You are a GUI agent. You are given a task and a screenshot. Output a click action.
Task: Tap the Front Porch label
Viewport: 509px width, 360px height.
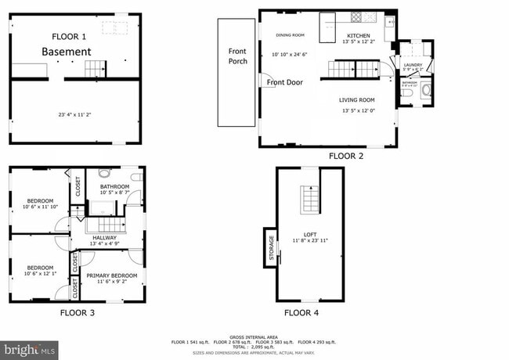[x=237, y=56]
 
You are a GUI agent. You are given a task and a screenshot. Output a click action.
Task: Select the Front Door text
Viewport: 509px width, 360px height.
[x=284, y=82]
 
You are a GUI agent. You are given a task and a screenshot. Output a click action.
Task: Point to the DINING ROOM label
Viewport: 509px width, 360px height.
[x=290, y=35]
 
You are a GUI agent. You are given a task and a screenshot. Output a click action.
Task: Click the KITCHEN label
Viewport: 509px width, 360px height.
[x=358, y=35]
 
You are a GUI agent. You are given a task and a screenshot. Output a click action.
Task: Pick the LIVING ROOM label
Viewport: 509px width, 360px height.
[x=357, y=100]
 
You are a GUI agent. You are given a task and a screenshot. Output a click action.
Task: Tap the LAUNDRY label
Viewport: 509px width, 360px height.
[x=412, y=64]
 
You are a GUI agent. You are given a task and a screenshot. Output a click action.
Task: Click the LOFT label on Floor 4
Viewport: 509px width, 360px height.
[x=310, y=234]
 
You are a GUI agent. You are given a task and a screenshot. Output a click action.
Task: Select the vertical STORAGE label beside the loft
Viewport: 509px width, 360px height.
[x=272, y=247]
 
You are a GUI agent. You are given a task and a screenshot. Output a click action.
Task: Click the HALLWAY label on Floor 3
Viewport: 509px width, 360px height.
[x=104, y=237]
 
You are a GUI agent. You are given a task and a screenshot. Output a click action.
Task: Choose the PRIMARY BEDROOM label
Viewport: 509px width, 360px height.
[x=112, y=275]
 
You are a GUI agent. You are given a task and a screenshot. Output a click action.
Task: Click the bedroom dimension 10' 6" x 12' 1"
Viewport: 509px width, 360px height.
[x=40, y=274]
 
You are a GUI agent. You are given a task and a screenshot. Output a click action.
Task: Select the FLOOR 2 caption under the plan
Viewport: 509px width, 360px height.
[x=346, y=156]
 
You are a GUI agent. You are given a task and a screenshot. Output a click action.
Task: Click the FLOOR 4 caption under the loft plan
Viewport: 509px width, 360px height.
[x=301, y=312]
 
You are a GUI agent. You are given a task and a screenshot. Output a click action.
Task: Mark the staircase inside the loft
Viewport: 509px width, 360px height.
[x=310, y=200]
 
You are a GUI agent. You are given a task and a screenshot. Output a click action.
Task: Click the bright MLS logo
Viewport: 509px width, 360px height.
[x=30, y=348]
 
